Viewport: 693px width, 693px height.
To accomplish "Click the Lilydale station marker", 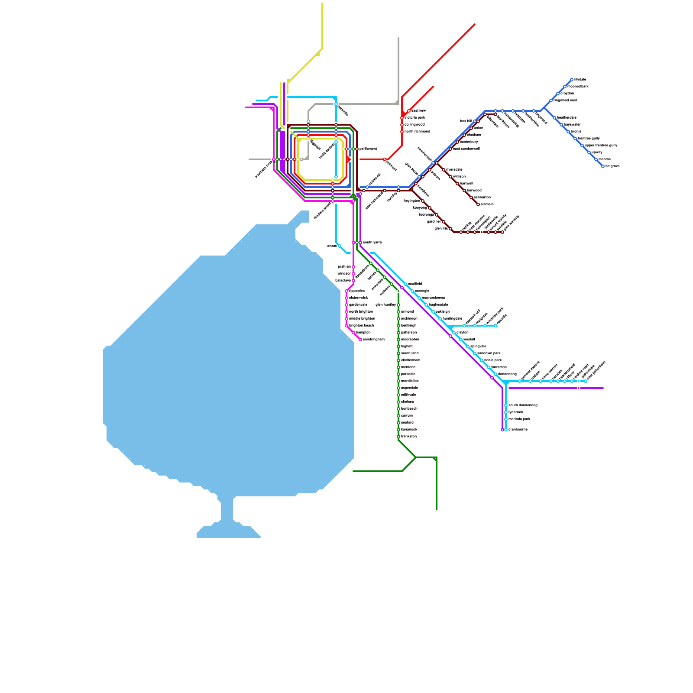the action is [x=572, y=80].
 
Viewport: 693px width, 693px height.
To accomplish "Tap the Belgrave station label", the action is [x=612, y=166].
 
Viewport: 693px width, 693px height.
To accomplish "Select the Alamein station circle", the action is [x=478, y=204].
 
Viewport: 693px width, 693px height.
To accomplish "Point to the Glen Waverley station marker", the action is [x=502, y=232].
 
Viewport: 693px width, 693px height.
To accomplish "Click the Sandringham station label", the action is [x=373, y=340].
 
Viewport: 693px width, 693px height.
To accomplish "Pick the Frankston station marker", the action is [x=398, y=437].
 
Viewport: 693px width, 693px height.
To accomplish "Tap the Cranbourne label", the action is [x=518, y=430].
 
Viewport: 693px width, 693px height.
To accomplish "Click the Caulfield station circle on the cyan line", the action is [x=405, y=284].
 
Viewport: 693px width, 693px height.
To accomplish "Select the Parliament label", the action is [x=368, y=149].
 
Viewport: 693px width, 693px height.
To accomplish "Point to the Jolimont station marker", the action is [x=385, y=159].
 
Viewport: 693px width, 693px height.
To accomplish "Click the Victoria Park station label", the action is [x=415, y=118].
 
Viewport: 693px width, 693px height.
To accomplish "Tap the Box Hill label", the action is [x=466, y=121].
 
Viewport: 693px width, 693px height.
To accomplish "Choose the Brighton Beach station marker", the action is [x=346, y=326].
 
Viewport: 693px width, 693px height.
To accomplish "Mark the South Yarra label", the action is [x=372, y=243].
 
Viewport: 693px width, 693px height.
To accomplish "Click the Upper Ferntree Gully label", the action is [x=601, y=146].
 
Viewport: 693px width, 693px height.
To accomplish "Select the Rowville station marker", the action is [x=495, y=326].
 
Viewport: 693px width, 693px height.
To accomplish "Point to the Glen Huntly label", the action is [x=385, y=305].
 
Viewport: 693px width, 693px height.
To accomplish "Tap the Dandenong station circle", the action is [x=495, y=374].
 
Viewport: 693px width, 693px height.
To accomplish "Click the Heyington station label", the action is [x=411, y=201].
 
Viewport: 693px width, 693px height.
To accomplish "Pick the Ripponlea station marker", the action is [x=346, y=291].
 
